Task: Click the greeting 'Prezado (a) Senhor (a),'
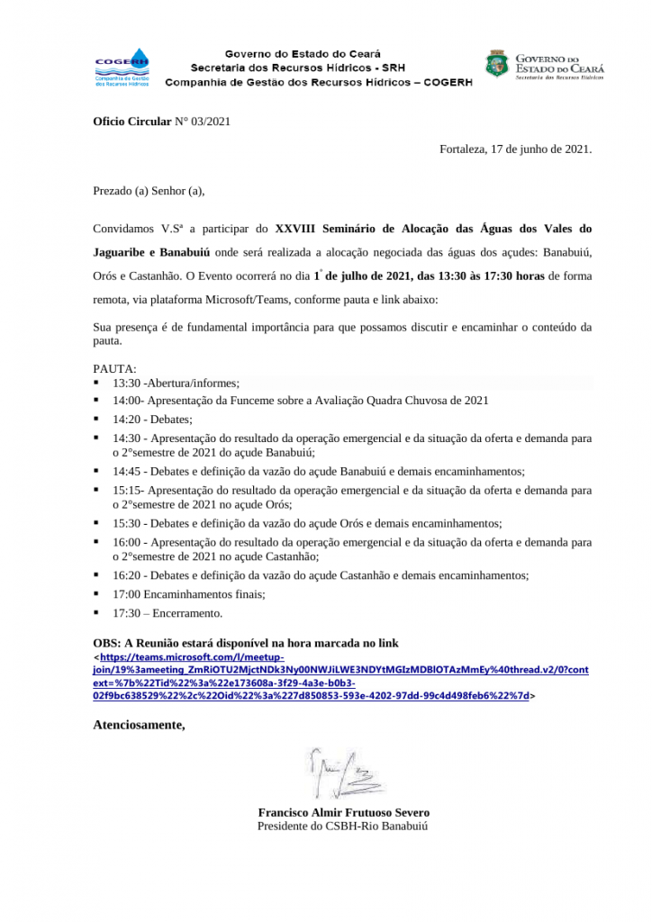149,190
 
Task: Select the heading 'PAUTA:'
115,369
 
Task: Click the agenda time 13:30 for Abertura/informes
125,383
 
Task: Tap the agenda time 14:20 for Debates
127,419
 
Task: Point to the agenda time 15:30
127,523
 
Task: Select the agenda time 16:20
127,575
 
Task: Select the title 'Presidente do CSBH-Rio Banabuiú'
343,825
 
